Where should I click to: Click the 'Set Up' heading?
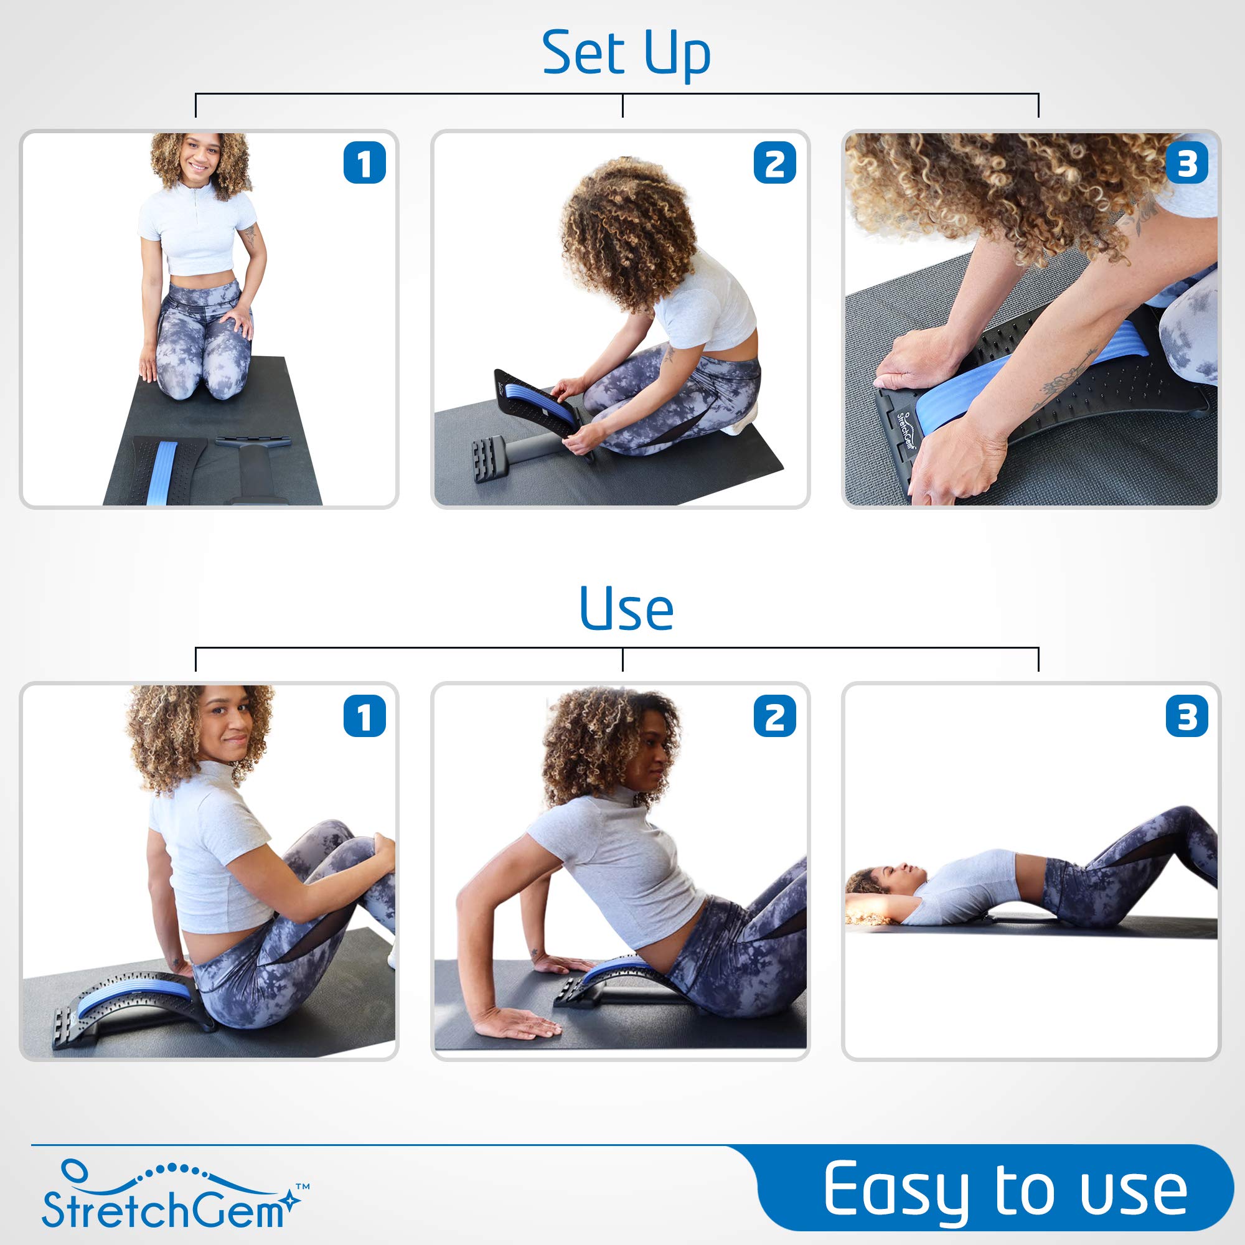626,53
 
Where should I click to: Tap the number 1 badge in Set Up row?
364,162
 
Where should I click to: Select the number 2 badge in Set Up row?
774,162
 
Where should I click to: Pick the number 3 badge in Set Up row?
1186,162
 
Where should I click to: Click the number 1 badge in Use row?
364,716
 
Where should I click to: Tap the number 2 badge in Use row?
774,716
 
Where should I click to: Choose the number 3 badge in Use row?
1186,716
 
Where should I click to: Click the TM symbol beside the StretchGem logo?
303,1186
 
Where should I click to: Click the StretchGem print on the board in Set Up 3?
906,428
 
